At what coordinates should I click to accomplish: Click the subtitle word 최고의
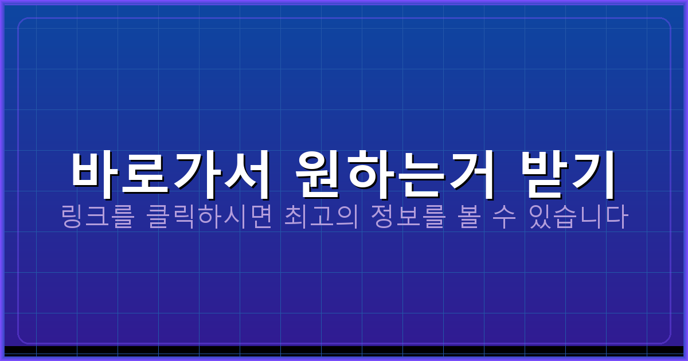(x=321, y=217)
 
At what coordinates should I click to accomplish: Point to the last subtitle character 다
(x=617, y=217)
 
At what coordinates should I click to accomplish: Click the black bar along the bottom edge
(x=344, y=350)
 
